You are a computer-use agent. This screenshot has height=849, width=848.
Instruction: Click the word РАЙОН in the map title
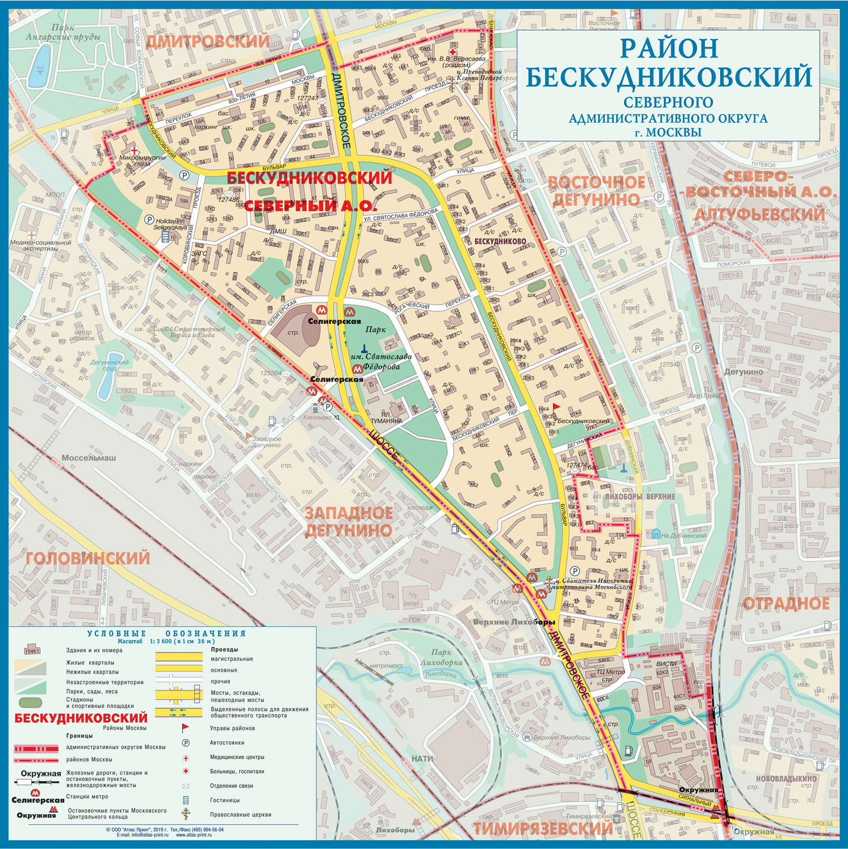[x=668, y=48]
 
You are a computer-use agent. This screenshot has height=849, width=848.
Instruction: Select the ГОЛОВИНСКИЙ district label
[x=88, y=558]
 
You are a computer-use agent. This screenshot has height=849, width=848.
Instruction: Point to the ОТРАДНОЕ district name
[x=785, y=604]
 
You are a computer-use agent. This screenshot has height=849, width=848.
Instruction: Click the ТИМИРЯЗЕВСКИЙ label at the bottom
[x=542, y=829]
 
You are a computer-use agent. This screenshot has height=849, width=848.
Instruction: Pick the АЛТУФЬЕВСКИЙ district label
[x=759, y=215]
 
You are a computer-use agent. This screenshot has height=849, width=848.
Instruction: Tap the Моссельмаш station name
[x=88, y=458]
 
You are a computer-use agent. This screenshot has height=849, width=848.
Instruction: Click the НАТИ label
[x=422, y=759]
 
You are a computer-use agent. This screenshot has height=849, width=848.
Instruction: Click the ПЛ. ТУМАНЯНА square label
[x=386, y=418]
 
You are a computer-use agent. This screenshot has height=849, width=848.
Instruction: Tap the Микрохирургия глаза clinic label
[x=142, y=161]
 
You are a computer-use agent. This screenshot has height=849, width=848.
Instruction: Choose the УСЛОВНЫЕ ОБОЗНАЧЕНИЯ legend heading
[x=166, y=634]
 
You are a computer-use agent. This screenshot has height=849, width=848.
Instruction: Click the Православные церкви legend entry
[x=240, y=815]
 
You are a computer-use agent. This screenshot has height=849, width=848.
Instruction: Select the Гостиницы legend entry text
[x=224, y=800]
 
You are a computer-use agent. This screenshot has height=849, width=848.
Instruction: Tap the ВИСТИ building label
[x=667, y=664]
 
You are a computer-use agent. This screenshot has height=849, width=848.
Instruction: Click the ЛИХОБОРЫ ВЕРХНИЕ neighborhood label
[x=639, y=496]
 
